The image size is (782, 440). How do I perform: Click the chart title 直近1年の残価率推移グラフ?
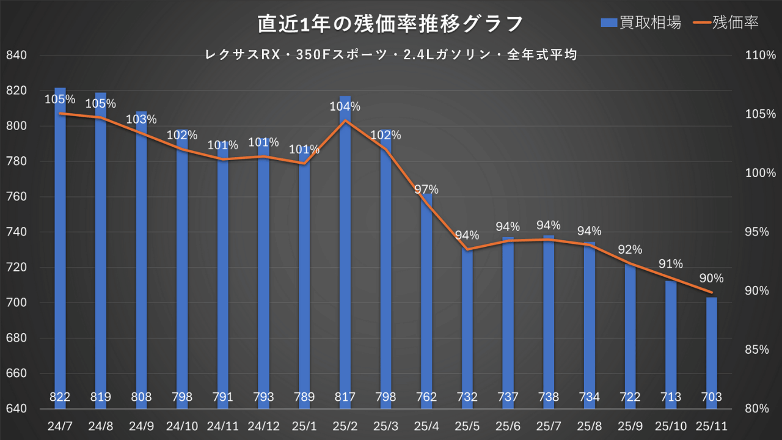coord(390,24)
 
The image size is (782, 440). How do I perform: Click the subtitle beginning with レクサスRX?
coord(391,55)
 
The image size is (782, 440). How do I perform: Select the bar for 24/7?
coord(60,244)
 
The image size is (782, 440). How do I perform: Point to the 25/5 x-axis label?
coord(467,425)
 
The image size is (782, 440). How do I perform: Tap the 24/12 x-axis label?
coord(263,425)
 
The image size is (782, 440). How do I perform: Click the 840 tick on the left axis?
coord(16,56)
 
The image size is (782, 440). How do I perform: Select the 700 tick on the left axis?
coord(16,303)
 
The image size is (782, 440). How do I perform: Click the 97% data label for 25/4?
coord(426,189)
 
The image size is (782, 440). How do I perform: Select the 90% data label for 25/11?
coord(712,278)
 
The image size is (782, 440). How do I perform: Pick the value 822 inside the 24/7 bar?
coord(60,397)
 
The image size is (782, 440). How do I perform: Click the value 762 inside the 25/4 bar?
coord(426,397)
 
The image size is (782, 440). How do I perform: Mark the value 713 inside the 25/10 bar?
coord(671,397)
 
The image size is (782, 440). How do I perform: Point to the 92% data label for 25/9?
coord(630,249)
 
